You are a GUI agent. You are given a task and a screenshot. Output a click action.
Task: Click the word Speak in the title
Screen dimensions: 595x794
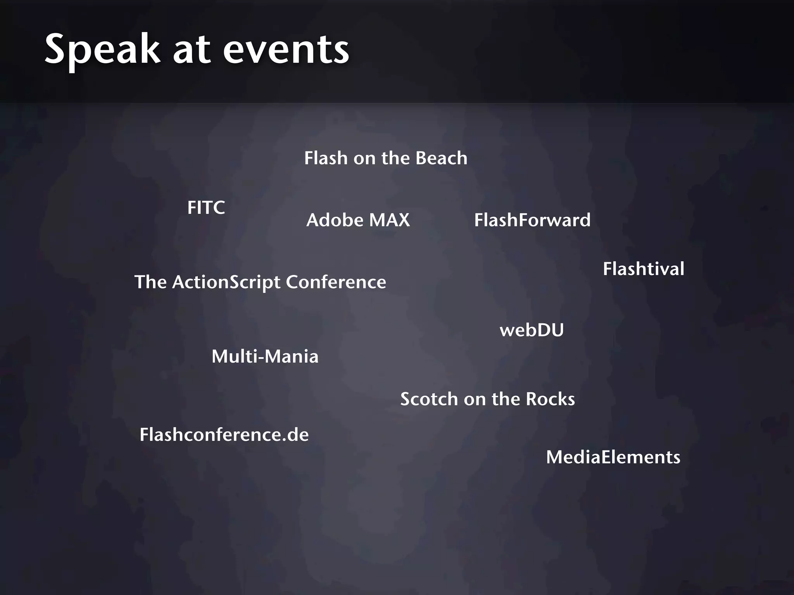[x=102, y=50]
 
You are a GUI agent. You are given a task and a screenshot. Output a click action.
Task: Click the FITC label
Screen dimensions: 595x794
[x=206, y=208]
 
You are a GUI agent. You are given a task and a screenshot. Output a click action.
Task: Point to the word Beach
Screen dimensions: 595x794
[x=441, y=158]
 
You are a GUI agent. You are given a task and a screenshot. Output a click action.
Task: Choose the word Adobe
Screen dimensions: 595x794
[x=335, y=220]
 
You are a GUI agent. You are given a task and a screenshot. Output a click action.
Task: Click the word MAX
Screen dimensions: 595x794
[x=389, y=220]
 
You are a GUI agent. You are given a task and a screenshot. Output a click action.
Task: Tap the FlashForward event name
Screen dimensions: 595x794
[x=532, y=220]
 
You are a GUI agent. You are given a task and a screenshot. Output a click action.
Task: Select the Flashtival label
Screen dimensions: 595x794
[x=644, y=269]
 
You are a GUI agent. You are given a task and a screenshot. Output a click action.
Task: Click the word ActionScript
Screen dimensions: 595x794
[x=226, y=282]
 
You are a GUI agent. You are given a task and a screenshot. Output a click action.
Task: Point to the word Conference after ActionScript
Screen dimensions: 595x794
[x=336, y=282]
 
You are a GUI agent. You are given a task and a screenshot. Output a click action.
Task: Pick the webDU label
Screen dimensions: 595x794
[x=532, y=330]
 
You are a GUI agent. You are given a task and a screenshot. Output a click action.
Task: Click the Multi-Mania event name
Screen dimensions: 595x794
[x=265, y=356]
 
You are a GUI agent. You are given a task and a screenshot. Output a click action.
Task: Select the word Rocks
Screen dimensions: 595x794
[x=550, y=399]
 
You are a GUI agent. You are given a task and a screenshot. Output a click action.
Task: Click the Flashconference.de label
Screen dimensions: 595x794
[x=224, y=435]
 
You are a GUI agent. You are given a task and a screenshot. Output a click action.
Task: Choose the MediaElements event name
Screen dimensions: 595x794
[x=613, y=457]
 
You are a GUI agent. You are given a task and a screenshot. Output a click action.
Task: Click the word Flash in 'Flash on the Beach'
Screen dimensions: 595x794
[x=326, y=158]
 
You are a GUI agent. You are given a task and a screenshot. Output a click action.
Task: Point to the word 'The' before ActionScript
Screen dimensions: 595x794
[x=150, y=282]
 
